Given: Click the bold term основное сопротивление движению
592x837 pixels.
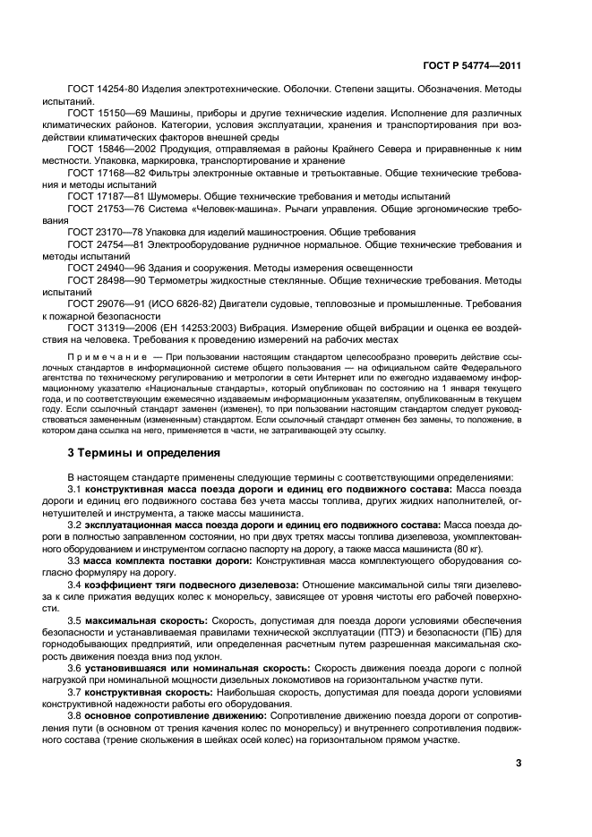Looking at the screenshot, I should [159, 715].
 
